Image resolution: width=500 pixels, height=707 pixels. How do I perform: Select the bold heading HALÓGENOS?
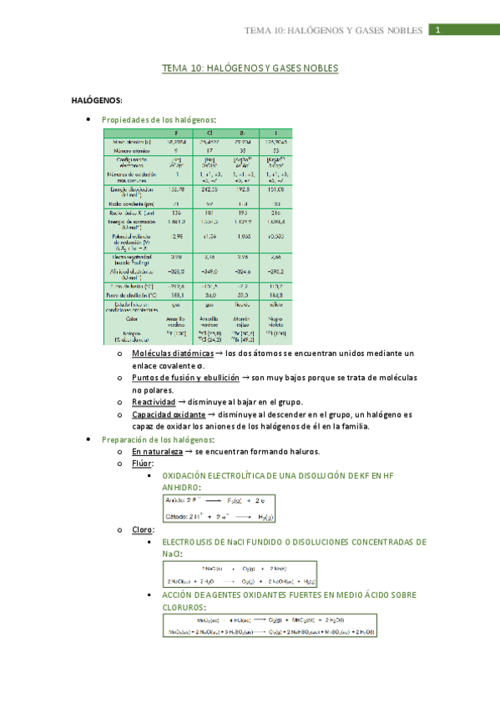tap(97, 100)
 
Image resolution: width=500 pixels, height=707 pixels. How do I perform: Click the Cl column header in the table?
tap(209, 133)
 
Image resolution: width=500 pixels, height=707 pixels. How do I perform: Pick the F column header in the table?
tap(176, 133)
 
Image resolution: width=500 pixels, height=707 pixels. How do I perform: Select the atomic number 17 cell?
tap(209, 150)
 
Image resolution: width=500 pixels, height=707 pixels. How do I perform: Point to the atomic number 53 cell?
tap(276, 150)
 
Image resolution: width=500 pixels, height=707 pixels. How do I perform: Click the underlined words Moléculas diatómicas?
tap(166, 353)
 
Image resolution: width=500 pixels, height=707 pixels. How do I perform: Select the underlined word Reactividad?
tap(153, 402)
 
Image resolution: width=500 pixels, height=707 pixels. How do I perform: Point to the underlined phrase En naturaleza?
tap(156, 451)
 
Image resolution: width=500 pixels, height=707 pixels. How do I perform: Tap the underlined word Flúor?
tap(142, 464)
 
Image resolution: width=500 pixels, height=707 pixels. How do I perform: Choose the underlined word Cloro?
tap(143, 529)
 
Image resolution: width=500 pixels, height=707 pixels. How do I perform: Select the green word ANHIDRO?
tap(181, 487)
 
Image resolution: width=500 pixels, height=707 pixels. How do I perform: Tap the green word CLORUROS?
tap(184, 608)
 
